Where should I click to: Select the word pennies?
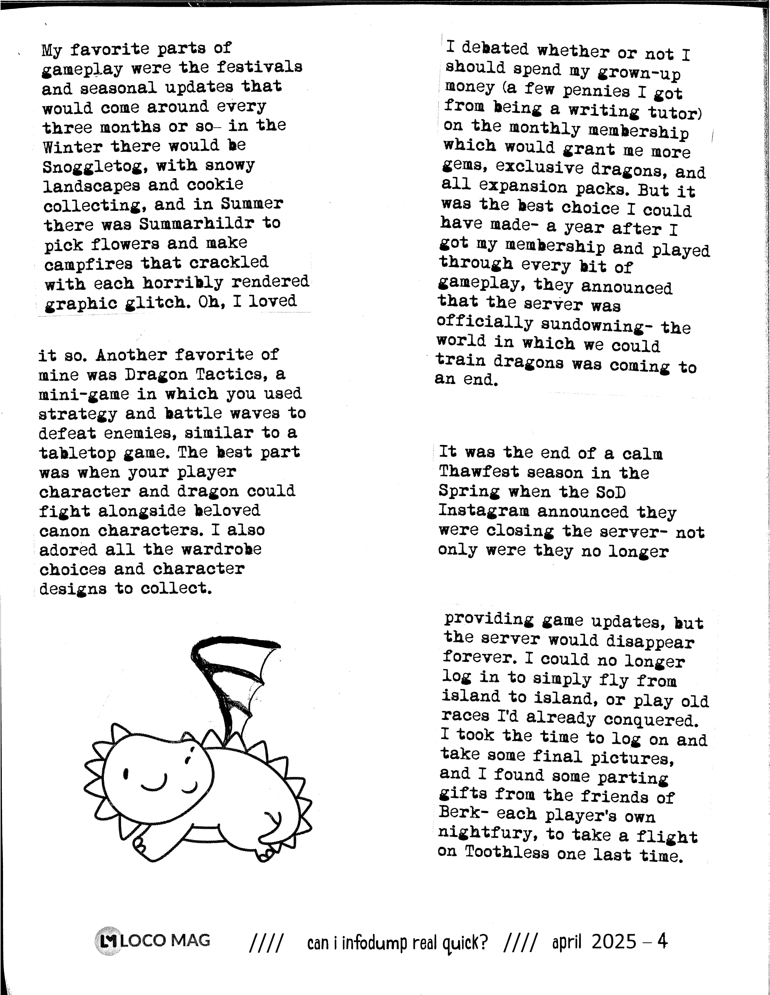[596, 91]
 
